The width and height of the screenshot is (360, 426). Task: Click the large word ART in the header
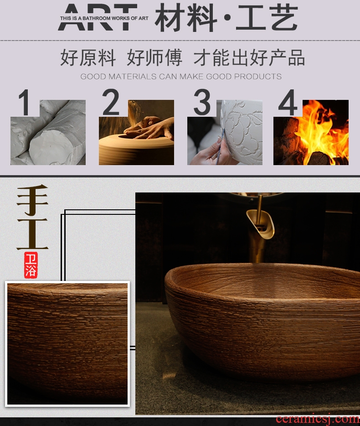98,17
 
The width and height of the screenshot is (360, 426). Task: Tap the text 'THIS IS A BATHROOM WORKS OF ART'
104,18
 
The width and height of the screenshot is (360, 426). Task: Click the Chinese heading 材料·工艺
226,18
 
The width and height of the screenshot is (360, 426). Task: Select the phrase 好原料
88,57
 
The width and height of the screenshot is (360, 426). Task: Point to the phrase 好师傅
154,57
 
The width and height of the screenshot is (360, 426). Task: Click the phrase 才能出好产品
249,57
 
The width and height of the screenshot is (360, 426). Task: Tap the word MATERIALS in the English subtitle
133,76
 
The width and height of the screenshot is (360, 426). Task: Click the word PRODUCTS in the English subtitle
257,76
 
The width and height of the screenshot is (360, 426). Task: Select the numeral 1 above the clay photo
25,103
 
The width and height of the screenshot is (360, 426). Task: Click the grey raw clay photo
48,132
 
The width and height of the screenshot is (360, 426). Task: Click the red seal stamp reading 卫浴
31,265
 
